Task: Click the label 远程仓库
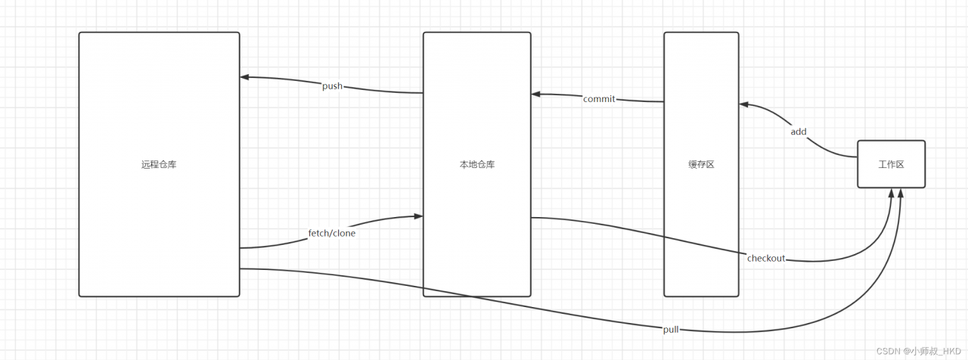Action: click(159, 164)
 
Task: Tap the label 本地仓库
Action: click(476, 164)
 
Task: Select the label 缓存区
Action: click(701, 164)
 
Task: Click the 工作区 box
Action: click(891, 164)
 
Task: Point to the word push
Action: click(332, 86)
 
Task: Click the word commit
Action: click(599, 99)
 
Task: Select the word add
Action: click(799, 132)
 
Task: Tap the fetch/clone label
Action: click(332, 233)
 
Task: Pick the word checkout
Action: click(766, 258)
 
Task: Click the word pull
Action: click(671, 329)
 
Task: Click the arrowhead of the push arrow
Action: click(244, 76)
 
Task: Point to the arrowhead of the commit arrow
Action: click(535, 95)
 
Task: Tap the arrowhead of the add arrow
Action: click(743, 104)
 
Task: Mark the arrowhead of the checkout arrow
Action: click(892, 193)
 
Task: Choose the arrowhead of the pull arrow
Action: click(901, 193)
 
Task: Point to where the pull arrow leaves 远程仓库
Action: click(240, 268)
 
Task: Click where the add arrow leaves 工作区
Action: click(857, 157)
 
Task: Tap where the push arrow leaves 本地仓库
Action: click(423, 93)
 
